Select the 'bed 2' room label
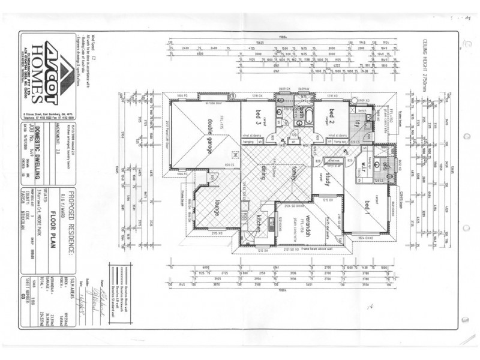pos(330,115)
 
